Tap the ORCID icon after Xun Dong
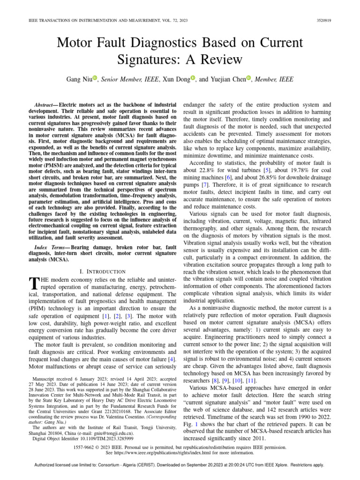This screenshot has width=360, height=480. (x=193, y=78)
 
